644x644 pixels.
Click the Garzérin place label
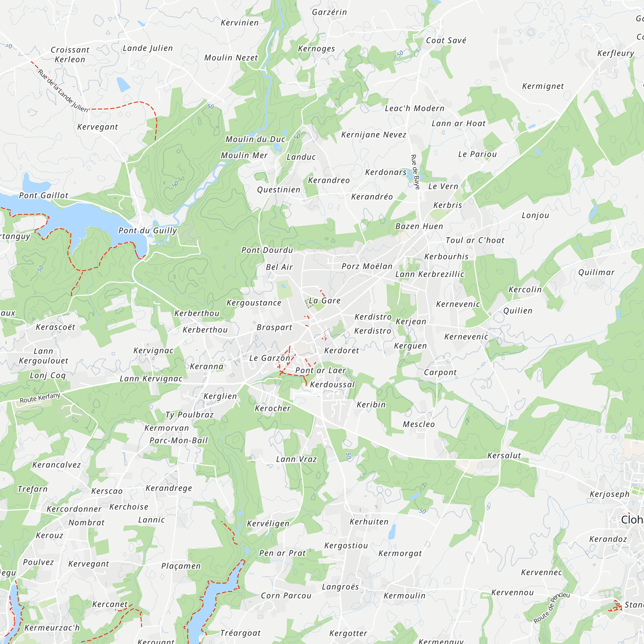point(329,12)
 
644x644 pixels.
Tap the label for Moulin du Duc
point(255,139)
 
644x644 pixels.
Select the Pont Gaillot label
point(44,195)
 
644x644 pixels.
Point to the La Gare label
point(324,301)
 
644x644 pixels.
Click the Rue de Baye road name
point(415,172)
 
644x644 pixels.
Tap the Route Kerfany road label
point(40,398)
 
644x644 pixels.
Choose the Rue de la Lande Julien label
point(63,90)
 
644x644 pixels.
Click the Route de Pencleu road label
point(551,608)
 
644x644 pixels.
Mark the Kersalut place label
point(504,456)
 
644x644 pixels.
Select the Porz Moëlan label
point(367,266)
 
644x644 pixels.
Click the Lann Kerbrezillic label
point(430,274)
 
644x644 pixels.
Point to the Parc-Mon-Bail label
point(179,441)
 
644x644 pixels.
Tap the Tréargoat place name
point(240,633)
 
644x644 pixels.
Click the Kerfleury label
point(615,53)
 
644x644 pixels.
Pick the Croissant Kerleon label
point(70,55)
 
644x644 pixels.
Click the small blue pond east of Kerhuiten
point(392,532)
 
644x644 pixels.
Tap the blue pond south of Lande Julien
point(123,84)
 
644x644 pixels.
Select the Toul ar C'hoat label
point(475,240)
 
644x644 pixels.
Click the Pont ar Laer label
point(320,370)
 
